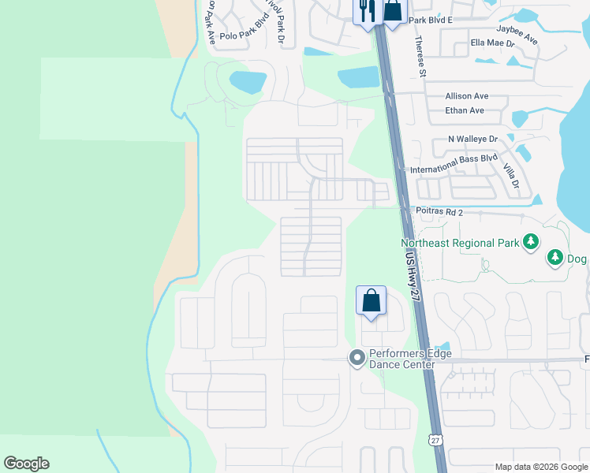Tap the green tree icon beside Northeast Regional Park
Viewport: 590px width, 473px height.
pos(531,240)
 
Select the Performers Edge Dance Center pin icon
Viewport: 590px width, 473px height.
pos(357,359)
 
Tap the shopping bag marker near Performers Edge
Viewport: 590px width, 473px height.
pos(371,301)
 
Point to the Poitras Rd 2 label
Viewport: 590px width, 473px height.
pos(438,212)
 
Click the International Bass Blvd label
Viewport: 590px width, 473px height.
pos(454,163)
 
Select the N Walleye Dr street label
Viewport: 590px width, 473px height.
pos(473,139)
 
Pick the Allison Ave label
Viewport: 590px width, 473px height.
pos(466,96)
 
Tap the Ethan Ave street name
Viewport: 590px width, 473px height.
pos(465,110)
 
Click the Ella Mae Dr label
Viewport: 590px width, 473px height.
pos(491,43)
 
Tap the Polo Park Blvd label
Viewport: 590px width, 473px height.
pos(245,35)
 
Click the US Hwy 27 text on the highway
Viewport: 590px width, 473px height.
pos(409,273)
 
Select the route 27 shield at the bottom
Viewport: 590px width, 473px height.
pos(435,440)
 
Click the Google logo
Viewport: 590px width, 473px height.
pos(26,464)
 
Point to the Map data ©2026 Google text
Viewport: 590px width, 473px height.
pos(540,467)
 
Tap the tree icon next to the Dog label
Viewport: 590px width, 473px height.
pos(555,257)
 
